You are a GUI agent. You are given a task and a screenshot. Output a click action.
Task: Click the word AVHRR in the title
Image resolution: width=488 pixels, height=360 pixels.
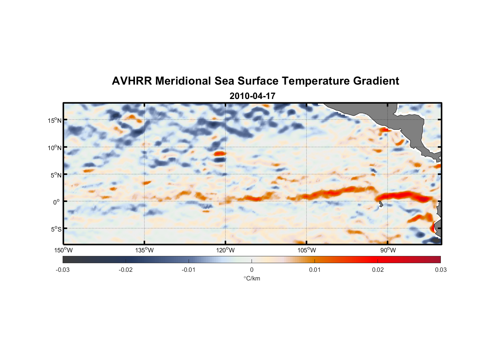point(132,81)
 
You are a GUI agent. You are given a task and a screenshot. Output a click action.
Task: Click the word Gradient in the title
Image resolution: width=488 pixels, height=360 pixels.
point(376,81)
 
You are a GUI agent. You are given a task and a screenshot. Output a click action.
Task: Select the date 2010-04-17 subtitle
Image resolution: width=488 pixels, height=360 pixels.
point(252,96)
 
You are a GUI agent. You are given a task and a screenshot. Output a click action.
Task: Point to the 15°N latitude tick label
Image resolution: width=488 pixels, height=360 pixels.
point(55,120)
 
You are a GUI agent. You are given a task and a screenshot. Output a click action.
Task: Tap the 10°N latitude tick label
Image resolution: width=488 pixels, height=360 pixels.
point(55,148)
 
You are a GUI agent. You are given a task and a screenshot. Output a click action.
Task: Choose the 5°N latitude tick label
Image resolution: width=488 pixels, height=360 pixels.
point(56,175)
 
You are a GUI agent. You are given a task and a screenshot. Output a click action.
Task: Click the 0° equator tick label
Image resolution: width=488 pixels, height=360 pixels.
point(57,202)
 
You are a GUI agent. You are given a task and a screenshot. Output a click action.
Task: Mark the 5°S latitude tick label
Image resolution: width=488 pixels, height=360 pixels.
point(56,229)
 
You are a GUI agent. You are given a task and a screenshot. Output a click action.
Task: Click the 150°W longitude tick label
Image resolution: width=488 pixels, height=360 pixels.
point(63,250)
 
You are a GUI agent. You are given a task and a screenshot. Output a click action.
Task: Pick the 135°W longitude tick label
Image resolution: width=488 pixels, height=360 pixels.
point(144,250)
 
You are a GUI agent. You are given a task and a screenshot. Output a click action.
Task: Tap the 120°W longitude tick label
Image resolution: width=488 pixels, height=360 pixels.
point(225,250)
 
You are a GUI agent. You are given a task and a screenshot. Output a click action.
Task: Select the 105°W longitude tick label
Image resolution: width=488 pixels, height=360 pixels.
point(307,250)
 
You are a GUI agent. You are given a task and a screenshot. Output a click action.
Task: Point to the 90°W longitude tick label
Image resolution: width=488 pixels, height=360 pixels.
point(388,250)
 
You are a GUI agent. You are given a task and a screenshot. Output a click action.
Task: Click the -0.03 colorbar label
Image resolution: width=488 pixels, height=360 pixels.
point(63,270)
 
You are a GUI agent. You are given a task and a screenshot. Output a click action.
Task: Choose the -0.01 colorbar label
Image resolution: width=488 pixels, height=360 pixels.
point(189,270)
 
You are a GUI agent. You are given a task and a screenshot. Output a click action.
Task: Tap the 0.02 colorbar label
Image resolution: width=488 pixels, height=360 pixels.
point(378,270)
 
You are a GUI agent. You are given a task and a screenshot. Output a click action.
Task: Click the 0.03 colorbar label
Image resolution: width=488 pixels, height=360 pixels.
point(440,270)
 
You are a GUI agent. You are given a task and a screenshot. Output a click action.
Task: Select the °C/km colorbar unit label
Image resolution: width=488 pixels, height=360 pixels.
point(252,278)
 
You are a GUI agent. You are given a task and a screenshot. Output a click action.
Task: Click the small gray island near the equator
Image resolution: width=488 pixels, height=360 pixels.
point(381,204)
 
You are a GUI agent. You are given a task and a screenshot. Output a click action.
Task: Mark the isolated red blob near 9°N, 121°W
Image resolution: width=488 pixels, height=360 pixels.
point(219,153)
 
